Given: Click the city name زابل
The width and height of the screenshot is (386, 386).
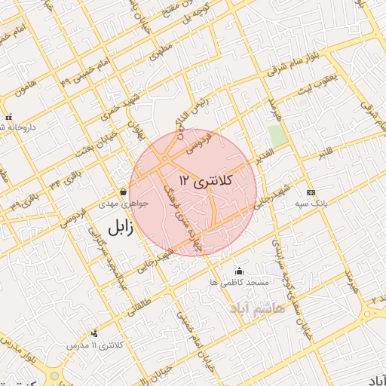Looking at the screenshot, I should pyautogui.click(x=119, y=228).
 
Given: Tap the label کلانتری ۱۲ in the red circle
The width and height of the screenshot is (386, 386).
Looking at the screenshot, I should pyautogui.click(x=207, y=180).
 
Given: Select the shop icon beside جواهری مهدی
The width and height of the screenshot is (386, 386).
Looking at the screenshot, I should pyautogui.click(x=123, y=191).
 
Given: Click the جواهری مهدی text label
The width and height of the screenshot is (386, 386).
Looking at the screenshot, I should pyautogui.click(x=125, y=204).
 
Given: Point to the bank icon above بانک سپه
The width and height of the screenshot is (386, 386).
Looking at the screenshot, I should pyautogui.click(x=310, y=193).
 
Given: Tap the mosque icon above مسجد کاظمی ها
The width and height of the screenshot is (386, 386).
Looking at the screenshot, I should pyautogui.click(x=240, y=271).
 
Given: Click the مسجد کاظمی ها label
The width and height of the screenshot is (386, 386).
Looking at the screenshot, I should pyautogui.click(x=240, y=282).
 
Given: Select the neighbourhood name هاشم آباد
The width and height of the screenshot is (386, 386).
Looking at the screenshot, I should pyautogui.click(x=280, y=309).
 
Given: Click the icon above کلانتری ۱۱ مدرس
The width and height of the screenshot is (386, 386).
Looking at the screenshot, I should pyautogui.click(x=94, y=333).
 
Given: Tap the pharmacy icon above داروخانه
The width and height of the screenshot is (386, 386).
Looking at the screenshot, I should pyautogui.click(x=8, y=117).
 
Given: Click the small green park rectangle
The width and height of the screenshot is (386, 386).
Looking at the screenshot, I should pyautogui.click(x=277, y=136).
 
